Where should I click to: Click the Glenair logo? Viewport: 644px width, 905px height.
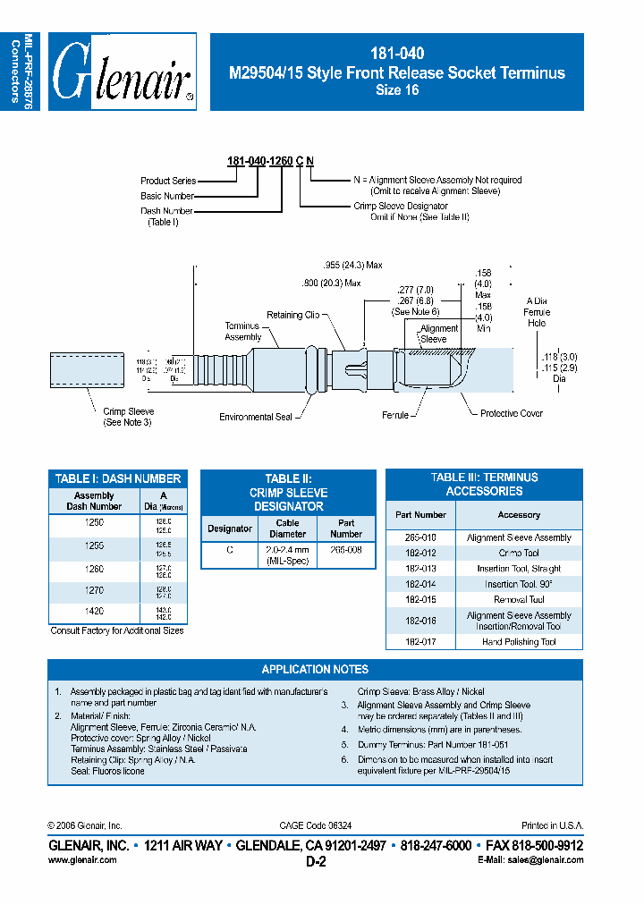point(123,72)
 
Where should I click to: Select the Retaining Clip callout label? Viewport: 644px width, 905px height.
point(292,315)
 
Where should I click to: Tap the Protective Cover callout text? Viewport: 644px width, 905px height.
point(511,413)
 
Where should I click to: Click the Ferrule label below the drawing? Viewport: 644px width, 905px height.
point(394,415)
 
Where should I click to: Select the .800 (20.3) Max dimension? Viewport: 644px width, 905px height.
point(331,283)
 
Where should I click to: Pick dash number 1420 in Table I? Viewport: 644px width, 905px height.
point(94,612)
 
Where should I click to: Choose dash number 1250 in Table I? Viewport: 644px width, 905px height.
point(94,522)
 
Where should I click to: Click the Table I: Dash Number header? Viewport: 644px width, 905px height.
point(118,478)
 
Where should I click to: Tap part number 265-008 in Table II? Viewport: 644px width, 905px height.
point(346,550)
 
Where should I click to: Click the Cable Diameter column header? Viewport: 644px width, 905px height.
point(287,529)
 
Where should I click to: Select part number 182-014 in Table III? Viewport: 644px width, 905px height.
point(419,584)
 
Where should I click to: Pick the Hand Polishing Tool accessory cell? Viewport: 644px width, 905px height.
point(519,641)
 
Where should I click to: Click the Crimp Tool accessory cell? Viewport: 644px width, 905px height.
point(519,553)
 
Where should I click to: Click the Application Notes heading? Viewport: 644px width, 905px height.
point(315,669)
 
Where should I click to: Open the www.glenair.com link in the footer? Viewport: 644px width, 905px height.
point(81,859)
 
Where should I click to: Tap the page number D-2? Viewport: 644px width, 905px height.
point(316,862)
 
